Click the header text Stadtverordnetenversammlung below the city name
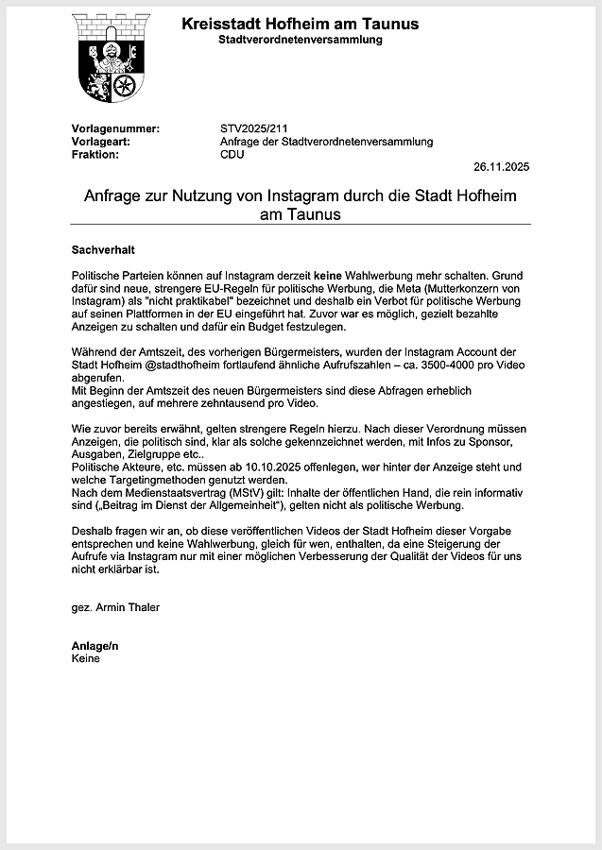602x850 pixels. click(x=301, y=40)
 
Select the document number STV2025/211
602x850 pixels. click(x=252, y=127)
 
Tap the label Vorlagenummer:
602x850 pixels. click(x=116, y=127)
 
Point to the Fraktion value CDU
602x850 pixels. click(x=232, y=154)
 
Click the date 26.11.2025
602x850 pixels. click(x=502, y=167)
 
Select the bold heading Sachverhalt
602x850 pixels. click(x=104, y=250)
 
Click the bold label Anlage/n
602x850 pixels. click(x=95, y=646)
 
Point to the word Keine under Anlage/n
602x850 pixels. click(x=86, y=658)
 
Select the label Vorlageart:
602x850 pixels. click(x=101, y=141)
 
